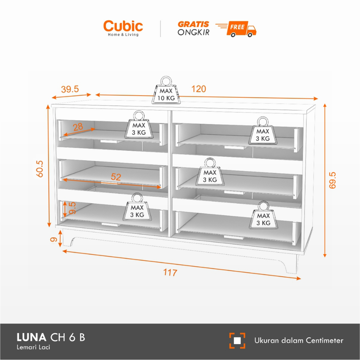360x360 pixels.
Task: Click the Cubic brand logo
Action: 123,28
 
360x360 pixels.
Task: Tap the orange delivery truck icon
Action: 242,28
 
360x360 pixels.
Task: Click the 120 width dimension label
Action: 199,89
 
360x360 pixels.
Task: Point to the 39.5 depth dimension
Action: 70,89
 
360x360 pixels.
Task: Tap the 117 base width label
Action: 170,272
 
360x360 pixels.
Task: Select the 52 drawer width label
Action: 116,177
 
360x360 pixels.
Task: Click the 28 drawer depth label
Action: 78,127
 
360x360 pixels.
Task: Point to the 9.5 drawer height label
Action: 73,208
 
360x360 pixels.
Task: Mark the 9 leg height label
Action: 54,240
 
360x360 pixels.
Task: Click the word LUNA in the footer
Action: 31,338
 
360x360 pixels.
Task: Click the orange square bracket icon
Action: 237,340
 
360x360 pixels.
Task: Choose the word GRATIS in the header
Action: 193,24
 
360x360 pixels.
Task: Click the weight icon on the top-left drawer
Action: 139,125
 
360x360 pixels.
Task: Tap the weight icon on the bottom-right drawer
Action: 263,216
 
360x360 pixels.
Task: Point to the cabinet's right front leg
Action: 291,264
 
